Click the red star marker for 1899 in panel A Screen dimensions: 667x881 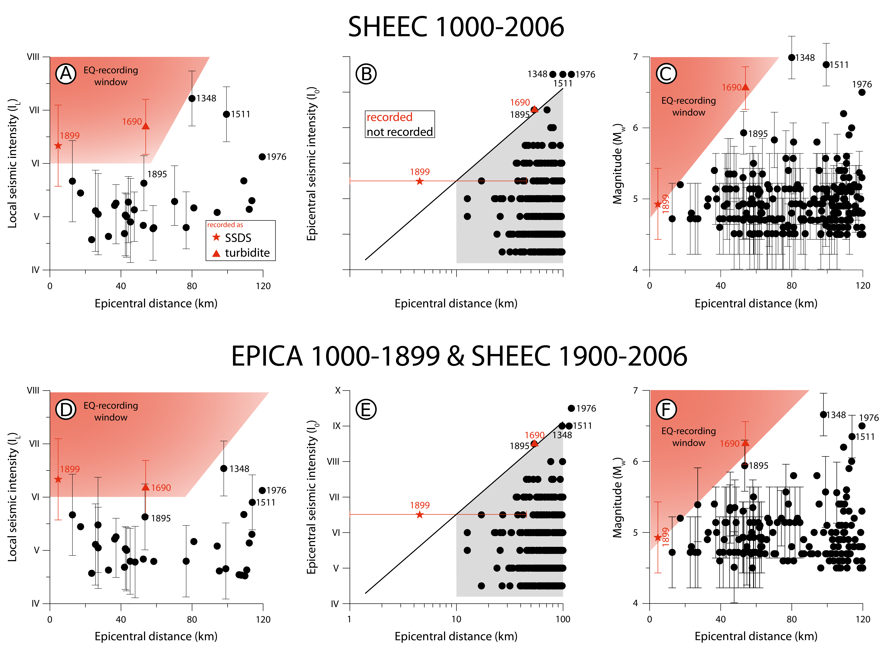[58, 146]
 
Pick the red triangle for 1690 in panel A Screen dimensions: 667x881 [146, 126]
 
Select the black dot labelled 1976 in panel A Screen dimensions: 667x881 [262, 157]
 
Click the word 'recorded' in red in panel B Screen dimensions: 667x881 [389, 117]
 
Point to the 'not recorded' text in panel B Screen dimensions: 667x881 [400, 132]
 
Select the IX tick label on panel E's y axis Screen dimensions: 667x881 [337, 426]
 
